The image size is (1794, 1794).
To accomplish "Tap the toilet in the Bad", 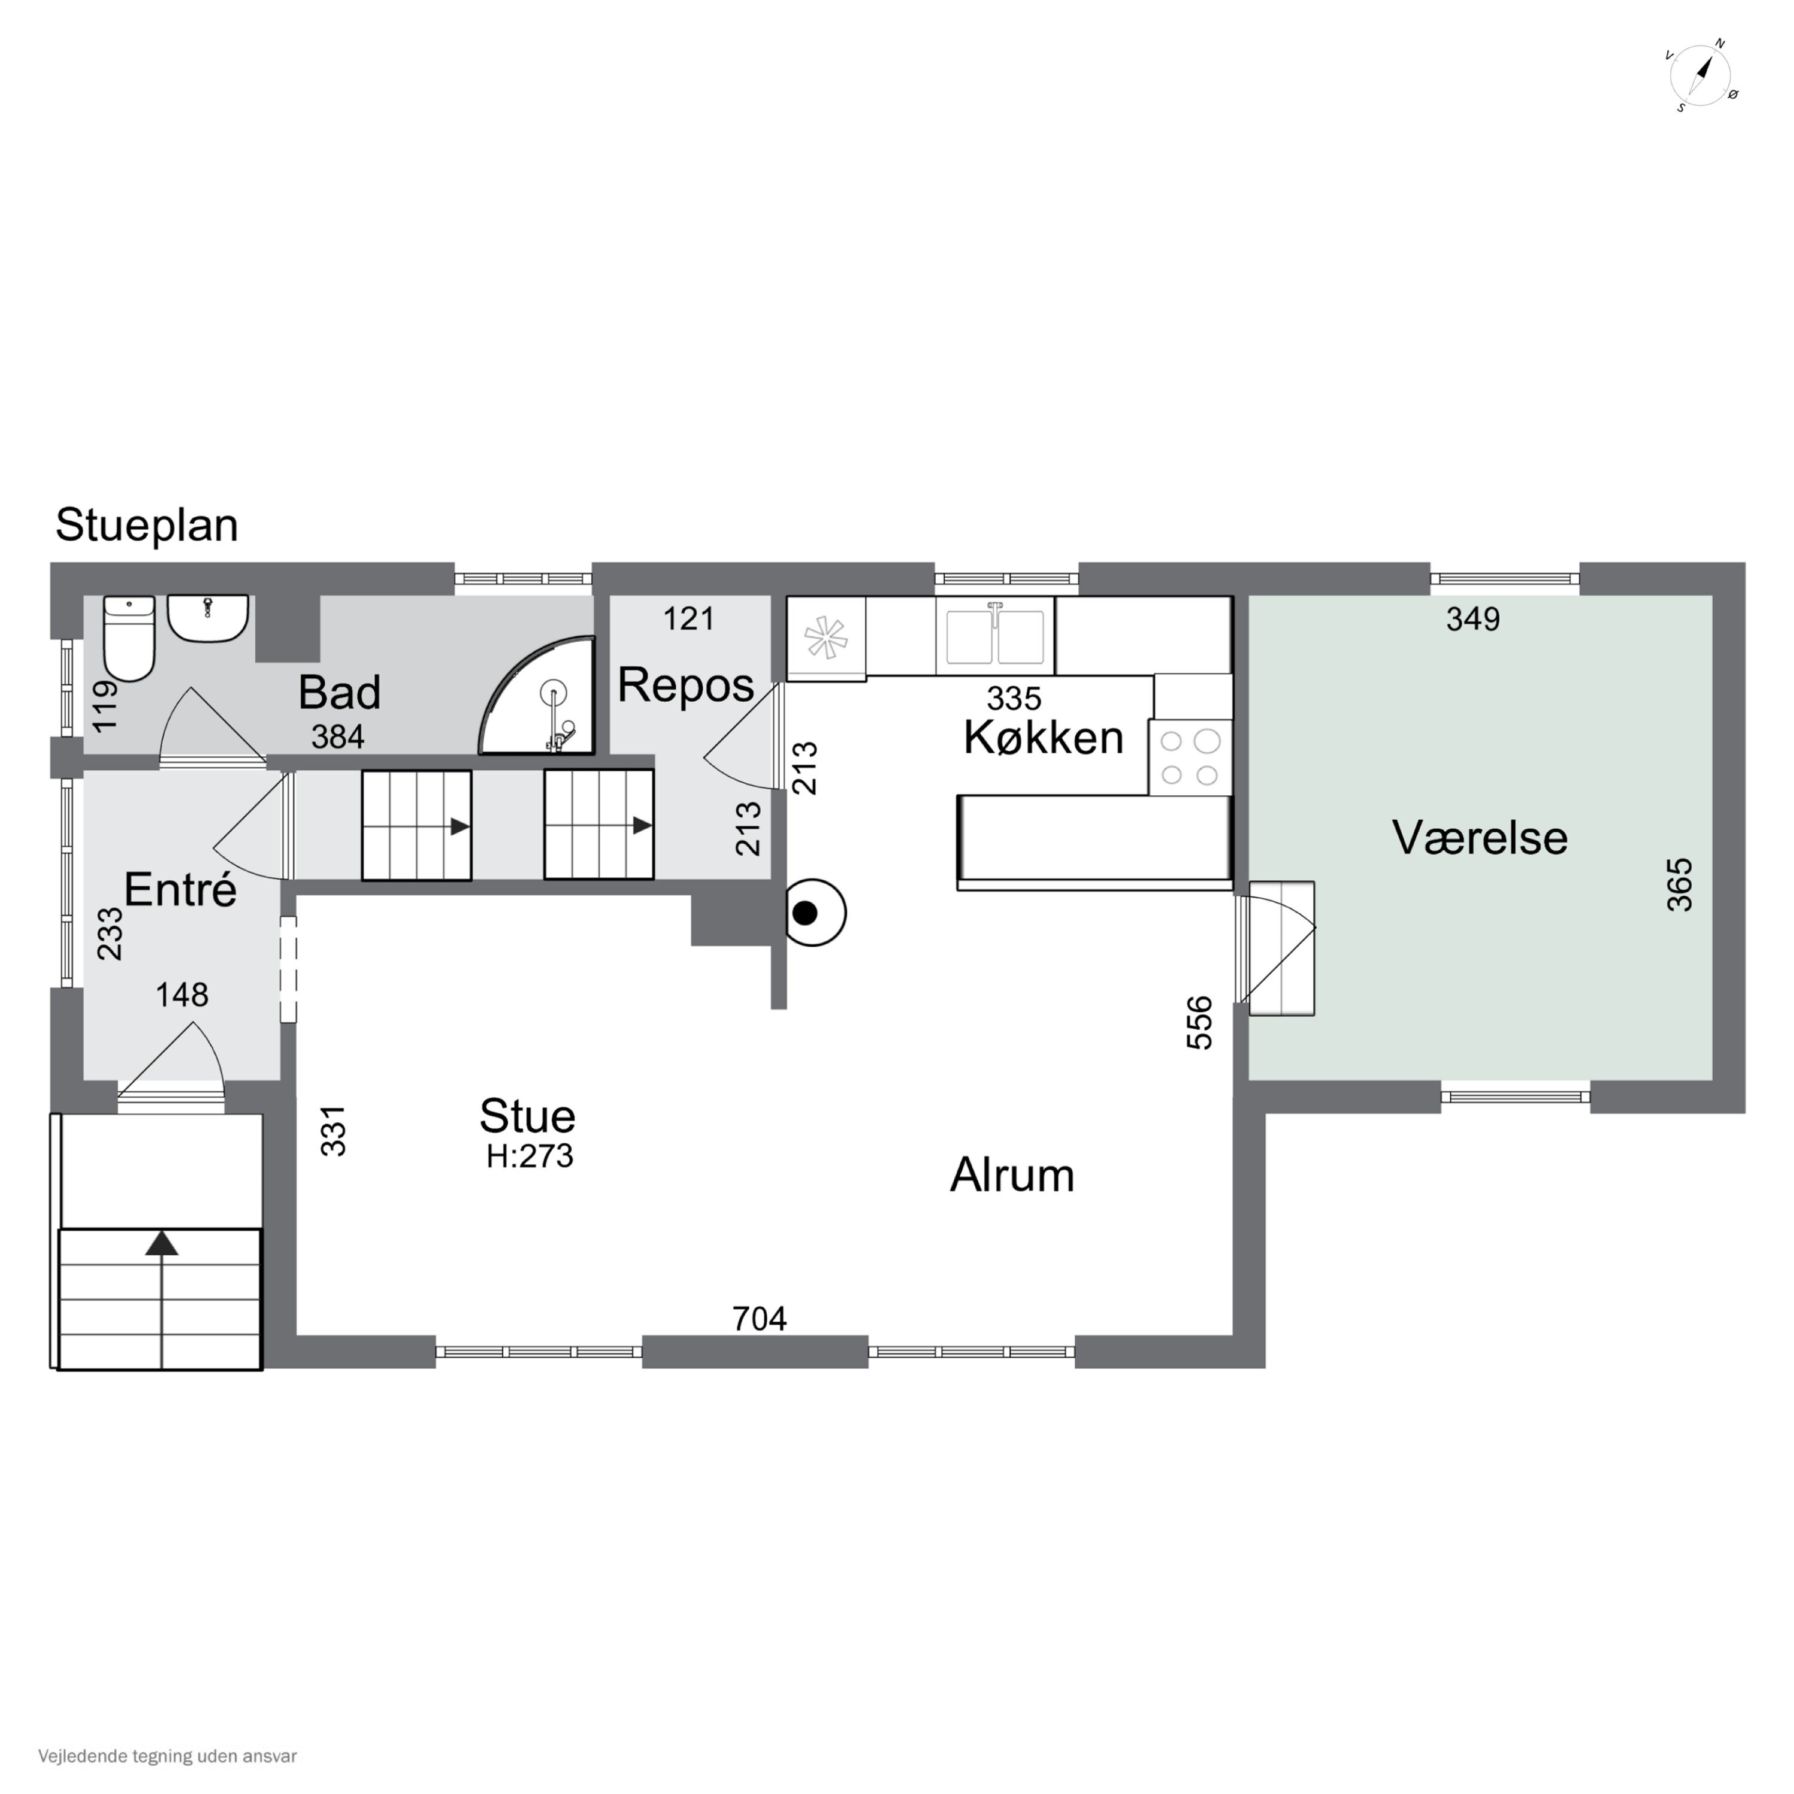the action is [128, 638].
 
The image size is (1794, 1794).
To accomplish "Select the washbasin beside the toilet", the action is [208, 618].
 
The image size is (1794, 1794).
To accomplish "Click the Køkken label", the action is [1044, 738].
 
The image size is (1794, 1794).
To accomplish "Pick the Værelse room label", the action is [1480, 838].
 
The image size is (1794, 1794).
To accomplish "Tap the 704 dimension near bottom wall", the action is [759, 1319].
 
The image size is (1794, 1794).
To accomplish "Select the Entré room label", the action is [180, 890].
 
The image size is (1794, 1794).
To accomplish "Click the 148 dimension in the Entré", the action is [182, 996].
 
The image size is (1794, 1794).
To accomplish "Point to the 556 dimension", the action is [1200, 1023].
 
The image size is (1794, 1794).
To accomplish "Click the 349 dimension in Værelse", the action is [1473, 618].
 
